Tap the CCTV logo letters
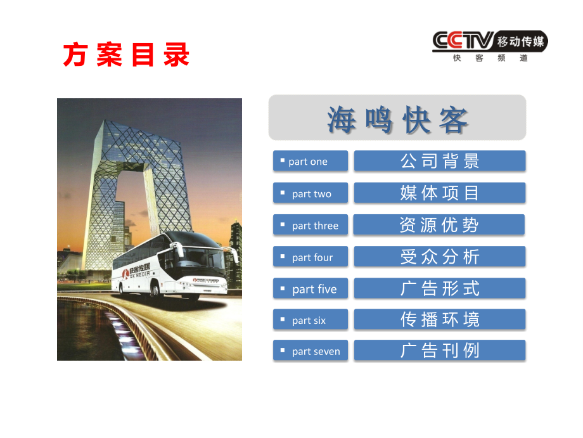(463, 41)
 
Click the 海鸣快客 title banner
(397, 119)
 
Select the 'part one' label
(311, 161)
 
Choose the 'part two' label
(311, 193)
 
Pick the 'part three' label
(311, 225)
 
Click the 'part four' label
(311, 257)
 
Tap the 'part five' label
(311, 289)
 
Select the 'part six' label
(311, 320)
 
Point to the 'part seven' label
(311, 351)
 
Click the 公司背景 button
(440, 161)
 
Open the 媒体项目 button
(440, 193)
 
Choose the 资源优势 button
(440, 225)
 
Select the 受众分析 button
(440, 257)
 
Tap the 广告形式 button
(440, 289)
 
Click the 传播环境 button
(440, 320)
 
